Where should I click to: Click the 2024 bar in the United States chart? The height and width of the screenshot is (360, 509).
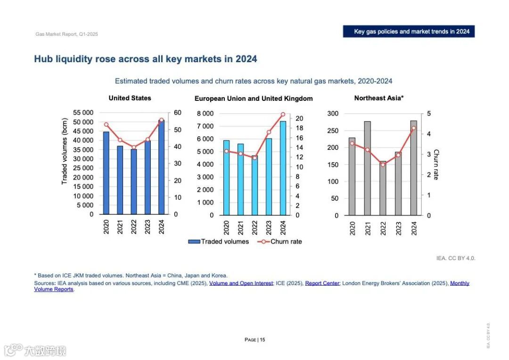click(x=161, y=167)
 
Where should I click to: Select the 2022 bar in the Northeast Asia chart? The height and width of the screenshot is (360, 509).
click(x=383, y=188)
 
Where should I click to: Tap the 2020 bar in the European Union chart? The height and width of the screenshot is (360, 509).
click(x=227, y=178)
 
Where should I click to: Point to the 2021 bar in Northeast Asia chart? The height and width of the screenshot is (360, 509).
click(x=367, y=168)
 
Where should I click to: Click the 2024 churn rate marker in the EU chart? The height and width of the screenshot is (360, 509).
click(x=283, y=115)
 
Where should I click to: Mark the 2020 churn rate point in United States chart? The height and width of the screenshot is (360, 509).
click(x=106, y=125)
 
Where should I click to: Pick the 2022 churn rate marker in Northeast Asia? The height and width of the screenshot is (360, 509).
click(x=383, y=164)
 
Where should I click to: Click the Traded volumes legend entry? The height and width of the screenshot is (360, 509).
click(x=219, y=242)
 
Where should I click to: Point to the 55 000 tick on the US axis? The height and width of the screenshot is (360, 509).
click(x=83, y=113)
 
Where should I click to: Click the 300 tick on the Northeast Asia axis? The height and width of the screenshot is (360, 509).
click(x=333, y=114)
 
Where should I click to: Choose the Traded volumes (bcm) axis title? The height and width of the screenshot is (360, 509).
click(x=65, y=151)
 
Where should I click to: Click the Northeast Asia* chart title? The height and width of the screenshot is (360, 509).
click(x=379, y=98)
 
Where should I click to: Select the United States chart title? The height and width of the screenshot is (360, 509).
click(x=130, y=98)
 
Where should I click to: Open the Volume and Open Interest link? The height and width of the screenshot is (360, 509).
click(x=241, y=283)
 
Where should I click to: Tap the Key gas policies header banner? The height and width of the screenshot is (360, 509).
click(x=409, y=32)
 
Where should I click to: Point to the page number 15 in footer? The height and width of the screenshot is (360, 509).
click(x=263, y=340)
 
